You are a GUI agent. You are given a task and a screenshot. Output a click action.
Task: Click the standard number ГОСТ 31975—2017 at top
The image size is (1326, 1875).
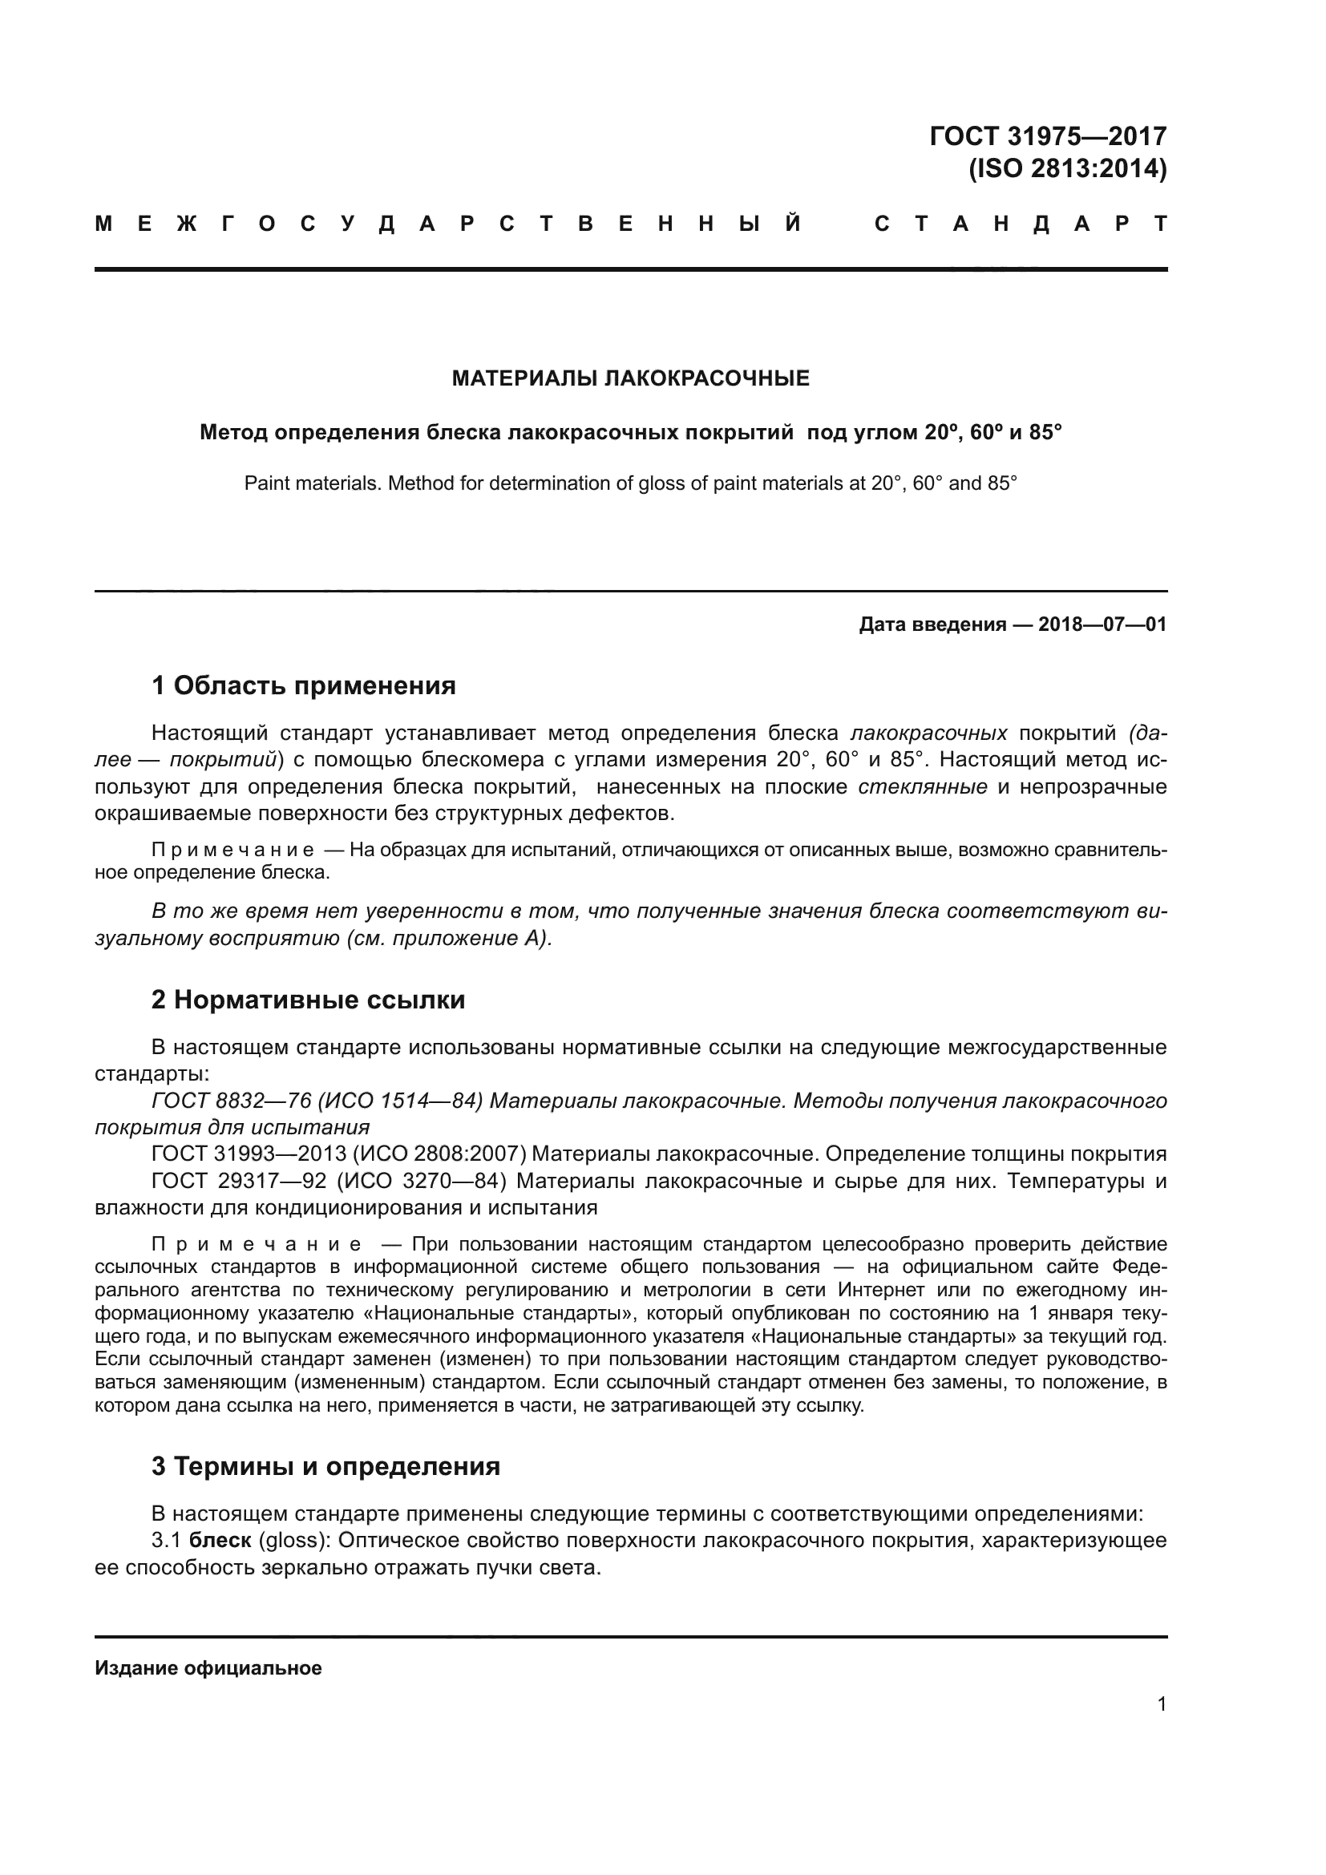click(x=1048, y=135)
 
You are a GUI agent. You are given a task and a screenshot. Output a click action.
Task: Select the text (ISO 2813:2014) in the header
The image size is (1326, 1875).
click(x=1067, y=169)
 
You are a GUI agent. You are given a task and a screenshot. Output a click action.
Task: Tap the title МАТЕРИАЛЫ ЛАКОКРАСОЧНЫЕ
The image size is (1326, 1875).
click(x=630, y=378)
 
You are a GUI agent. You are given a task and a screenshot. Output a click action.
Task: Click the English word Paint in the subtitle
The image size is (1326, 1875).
click(x=267, y=483)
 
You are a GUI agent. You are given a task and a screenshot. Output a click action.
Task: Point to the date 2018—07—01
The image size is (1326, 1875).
click(x=1102, y=624)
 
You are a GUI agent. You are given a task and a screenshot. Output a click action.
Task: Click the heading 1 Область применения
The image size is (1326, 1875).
click(x=303, y=686)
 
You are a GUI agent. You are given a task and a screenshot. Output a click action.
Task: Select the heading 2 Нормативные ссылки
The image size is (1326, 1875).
click(x=308, y=1000)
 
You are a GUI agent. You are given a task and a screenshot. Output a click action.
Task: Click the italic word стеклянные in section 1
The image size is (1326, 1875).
click(x=923, y=787)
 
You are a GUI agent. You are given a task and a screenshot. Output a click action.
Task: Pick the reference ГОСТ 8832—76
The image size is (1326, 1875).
click(x=232, y=1101)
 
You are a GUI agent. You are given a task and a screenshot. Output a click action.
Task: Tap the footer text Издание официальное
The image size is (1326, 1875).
click(x=208, y=1668)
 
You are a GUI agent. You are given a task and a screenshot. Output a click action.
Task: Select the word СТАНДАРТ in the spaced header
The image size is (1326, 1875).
click(x=1021, y=224)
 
